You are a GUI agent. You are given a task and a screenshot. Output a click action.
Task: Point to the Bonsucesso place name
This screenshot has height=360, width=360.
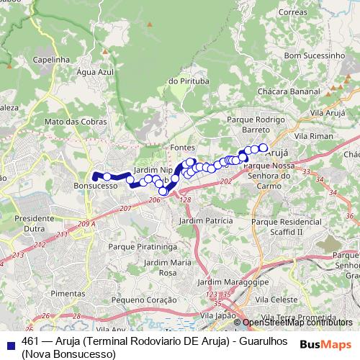[95, 185]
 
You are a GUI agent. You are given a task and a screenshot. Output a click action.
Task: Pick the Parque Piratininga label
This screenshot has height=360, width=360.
[143, 246]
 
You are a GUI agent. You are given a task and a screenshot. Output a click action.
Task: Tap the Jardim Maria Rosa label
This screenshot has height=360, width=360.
[168, 268]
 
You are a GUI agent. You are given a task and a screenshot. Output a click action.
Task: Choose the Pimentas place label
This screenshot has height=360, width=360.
[68, 294]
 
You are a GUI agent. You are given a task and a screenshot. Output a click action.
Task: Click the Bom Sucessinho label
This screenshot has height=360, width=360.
[314, 55]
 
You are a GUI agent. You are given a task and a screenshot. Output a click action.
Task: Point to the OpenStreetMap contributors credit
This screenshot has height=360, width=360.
[297, 323]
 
